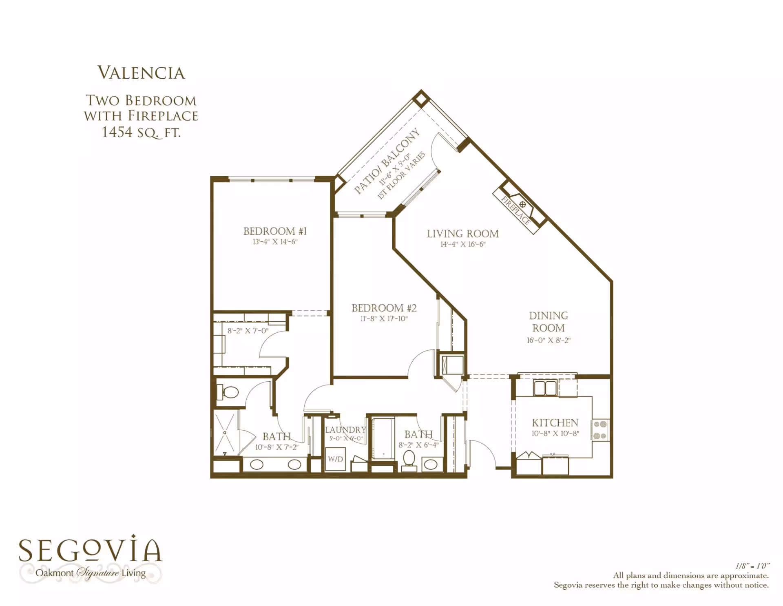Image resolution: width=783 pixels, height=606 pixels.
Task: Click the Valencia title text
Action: (141, 73)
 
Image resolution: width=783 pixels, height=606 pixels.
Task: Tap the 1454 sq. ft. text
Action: (141, 132)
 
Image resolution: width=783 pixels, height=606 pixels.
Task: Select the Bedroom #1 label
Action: (275, 231)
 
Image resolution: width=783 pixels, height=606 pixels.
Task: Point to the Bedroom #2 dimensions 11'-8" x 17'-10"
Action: (384, 318)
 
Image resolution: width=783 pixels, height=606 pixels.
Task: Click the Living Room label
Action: (463, 234)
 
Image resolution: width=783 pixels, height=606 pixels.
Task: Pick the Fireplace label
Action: (516, 210)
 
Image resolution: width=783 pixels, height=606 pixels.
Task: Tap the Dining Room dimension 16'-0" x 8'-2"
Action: (549, 340)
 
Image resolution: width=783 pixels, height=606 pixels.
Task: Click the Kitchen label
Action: (555, 423)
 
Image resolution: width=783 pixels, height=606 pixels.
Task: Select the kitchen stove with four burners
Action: (600, 430)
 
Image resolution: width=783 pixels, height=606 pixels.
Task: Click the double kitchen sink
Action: (545, 388)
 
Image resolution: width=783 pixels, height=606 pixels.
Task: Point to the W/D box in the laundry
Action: (335, 459)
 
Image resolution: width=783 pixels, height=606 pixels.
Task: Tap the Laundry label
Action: (345, 430)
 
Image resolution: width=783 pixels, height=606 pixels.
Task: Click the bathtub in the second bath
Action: (383, 438)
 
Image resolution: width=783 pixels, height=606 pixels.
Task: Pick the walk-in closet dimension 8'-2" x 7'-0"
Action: (248, 331)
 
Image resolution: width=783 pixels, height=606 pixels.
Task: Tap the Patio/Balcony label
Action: (387, 161)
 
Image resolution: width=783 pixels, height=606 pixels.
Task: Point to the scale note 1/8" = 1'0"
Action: (752, 566)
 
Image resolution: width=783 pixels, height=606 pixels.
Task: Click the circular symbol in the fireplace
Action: (523, 204)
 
